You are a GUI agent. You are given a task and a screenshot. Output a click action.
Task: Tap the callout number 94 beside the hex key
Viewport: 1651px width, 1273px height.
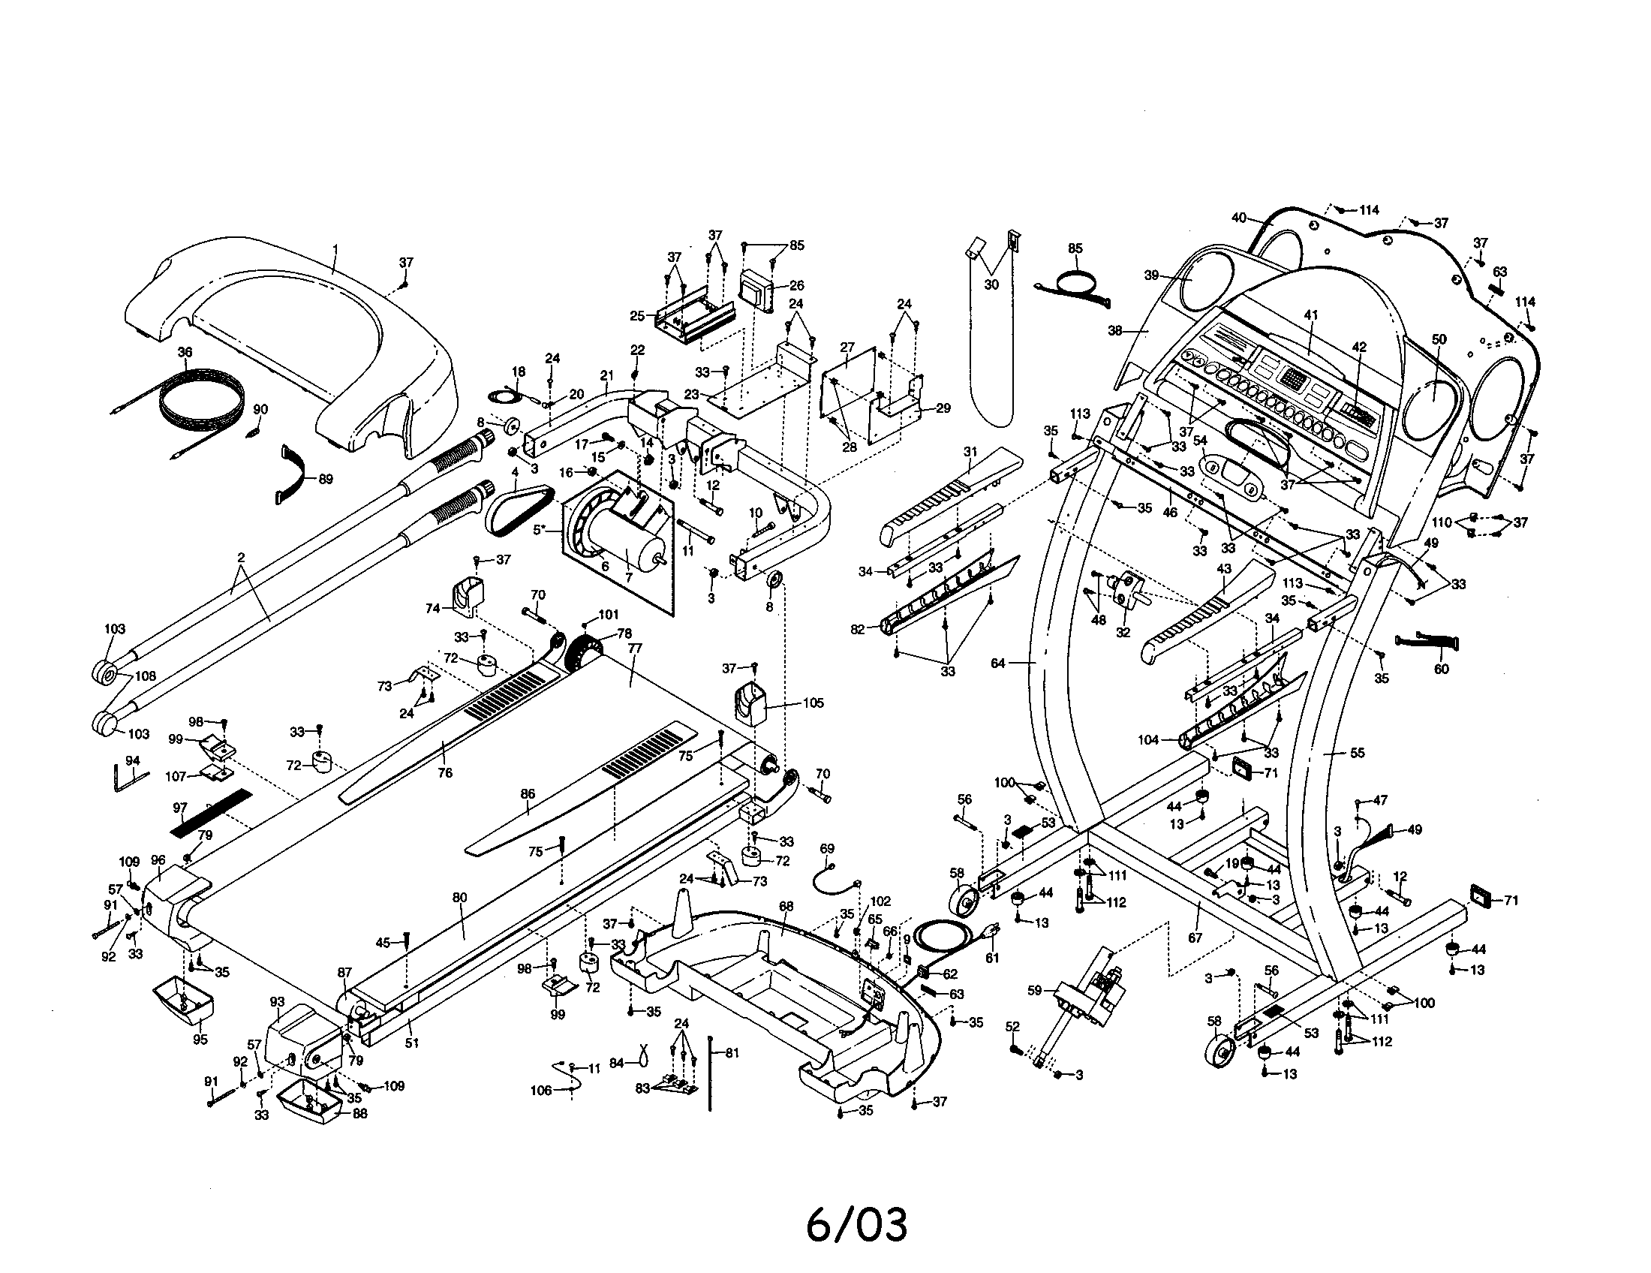pos(132,760)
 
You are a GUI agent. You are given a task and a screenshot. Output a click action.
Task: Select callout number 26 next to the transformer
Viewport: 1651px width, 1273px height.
pos(796,286)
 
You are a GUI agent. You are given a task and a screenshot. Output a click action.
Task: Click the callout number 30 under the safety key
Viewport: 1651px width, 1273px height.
pos(991,285)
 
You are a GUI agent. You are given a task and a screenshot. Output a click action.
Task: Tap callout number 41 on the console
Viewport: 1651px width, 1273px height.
pos(1311,315)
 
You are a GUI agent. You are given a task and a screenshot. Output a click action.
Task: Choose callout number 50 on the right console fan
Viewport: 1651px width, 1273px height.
pos(1439,339)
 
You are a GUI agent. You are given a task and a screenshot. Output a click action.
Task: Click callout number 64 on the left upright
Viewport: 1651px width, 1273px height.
pos(998,663)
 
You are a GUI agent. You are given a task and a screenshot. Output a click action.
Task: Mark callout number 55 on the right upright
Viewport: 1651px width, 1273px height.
pos(1357,753)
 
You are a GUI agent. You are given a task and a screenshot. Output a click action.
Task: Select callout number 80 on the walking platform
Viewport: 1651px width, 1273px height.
pos(459,898)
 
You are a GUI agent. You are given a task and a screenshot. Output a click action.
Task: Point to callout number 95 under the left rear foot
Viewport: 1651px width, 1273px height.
pos(200,1039)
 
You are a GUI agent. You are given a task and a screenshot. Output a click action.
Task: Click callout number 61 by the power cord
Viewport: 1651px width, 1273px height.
pos(992,959)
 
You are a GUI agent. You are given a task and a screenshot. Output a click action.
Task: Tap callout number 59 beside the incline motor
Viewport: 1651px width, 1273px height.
pos(1035,990)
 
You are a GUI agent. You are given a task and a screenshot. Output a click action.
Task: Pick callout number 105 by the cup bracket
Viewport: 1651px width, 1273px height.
pos(813,703)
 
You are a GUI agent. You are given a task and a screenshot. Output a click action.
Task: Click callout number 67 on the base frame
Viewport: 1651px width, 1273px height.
pos(1195,937)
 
